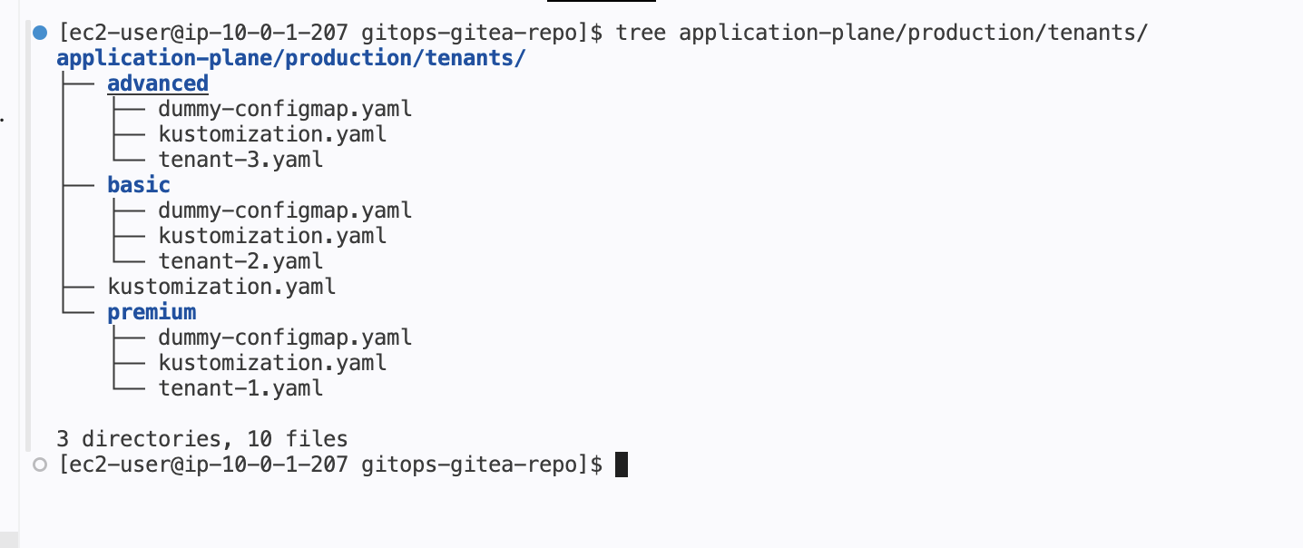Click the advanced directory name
tap(158, 83)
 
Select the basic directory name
tap(139, 185)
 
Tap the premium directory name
tap(152, 312)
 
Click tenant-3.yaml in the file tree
tap(240, 160)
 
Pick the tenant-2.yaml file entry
tap(240, 261)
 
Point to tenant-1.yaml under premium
tap(240, 388)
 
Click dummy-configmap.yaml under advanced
tap(285, 109)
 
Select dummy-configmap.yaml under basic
tap(285, 210)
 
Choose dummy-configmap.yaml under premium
tap(285, 338)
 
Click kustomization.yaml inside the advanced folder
tap(272, 134)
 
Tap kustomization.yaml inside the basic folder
tap(272, 236)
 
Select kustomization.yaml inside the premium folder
tap(272, 363)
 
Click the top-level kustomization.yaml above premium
tap(221, 287)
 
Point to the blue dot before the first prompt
tap(39, 34)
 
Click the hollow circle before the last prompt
tap(39, 465)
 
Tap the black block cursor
tap(622, 465)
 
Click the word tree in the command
tap(641, 34)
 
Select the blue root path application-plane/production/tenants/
tap(291, 59)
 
